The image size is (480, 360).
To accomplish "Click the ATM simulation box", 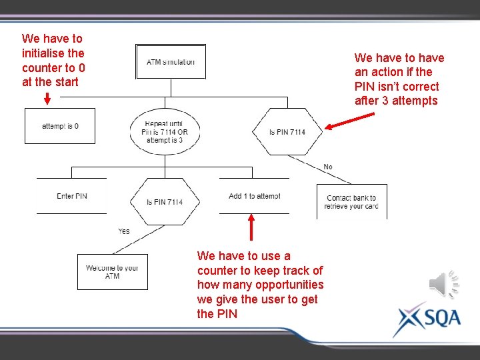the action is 171,62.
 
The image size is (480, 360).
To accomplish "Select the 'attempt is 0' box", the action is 60,126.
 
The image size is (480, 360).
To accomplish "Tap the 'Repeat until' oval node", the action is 165,131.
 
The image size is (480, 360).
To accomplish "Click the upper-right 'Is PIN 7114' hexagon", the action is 287,132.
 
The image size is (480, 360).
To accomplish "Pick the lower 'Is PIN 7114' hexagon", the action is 165,201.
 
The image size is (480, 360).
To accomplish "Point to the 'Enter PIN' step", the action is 71,196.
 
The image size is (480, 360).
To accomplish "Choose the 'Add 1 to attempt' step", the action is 254,196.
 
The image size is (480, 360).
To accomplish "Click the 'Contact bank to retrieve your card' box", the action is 351,202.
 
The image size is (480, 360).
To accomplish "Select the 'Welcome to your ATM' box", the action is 112,272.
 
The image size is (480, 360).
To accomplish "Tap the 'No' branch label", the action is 328,167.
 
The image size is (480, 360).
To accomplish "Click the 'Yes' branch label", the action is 124,231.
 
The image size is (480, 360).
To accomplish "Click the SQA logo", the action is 427,319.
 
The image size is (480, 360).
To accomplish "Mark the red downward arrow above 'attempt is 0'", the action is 47,98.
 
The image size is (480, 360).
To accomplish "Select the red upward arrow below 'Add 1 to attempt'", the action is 251,226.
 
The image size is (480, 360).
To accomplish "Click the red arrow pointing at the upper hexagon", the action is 350,121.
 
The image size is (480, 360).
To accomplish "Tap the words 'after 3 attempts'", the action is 396,101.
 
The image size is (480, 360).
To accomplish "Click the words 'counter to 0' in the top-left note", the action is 53,67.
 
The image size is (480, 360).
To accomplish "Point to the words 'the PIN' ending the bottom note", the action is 217,314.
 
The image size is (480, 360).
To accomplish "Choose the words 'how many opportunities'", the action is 261,285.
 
